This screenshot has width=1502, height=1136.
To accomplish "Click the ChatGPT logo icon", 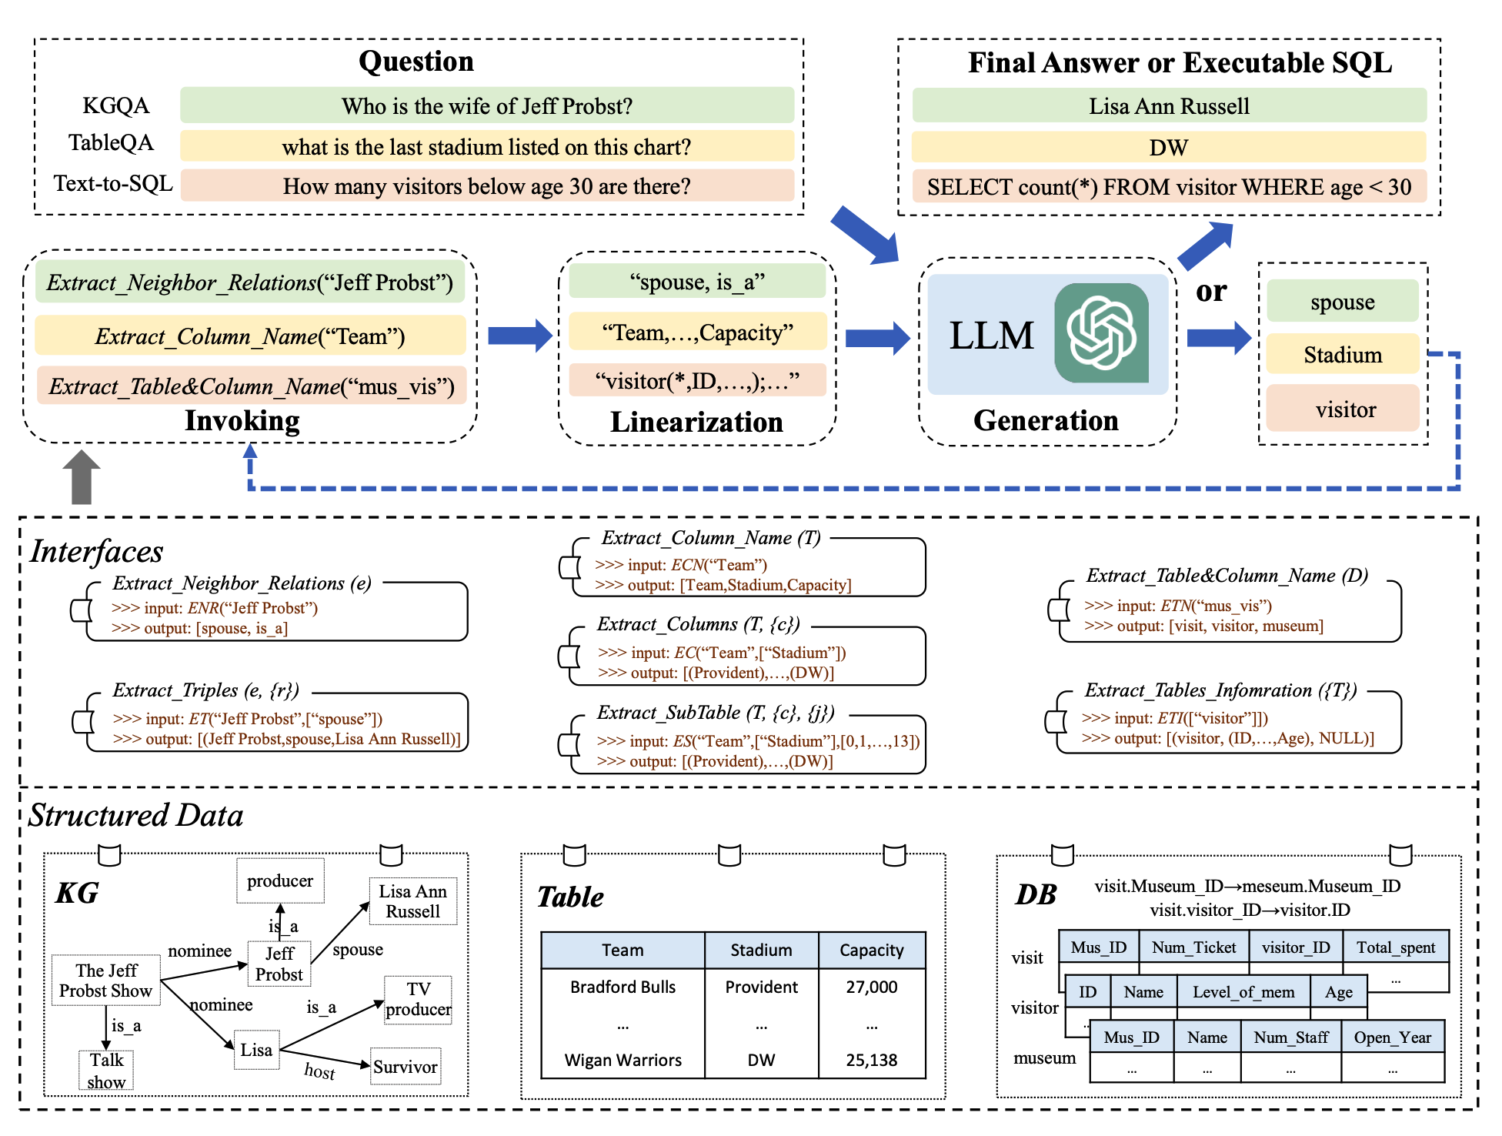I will point(1101,333).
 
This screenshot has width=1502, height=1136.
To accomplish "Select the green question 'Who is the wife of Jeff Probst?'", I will point(486,105).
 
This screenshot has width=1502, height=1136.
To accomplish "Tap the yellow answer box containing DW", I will point(1168,147).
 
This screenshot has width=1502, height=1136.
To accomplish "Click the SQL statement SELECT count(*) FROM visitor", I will point(1168,187).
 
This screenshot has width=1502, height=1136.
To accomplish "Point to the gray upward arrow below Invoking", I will point(82,476).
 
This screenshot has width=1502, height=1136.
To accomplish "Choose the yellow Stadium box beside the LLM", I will point(1342,355).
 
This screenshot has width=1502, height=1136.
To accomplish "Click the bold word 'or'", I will point(1210,291).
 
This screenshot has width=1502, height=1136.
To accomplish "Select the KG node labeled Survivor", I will point(406,1067).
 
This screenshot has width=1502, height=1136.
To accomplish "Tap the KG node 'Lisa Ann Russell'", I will point(412,901).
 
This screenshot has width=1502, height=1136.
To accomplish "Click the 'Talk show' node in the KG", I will point(106,1071).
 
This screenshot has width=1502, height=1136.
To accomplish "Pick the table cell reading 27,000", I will point(871,987).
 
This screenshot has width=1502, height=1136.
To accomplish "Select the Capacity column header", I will point(871,951).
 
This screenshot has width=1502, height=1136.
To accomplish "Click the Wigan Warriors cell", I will point(622,1060).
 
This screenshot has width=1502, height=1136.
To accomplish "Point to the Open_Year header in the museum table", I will point(1392,1037).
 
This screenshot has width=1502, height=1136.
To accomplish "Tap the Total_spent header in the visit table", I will point(1395,947).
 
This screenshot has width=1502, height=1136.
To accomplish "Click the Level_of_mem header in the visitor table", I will point(1243,992).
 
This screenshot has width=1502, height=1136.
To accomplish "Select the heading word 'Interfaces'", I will point(97,552).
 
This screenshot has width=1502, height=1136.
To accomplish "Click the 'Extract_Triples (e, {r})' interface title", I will point(205,690).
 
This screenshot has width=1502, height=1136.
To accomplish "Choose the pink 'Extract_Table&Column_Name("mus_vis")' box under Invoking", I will point(251,386).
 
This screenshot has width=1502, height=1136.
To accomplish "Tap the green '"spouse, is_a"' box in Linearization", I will point(696,282).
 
